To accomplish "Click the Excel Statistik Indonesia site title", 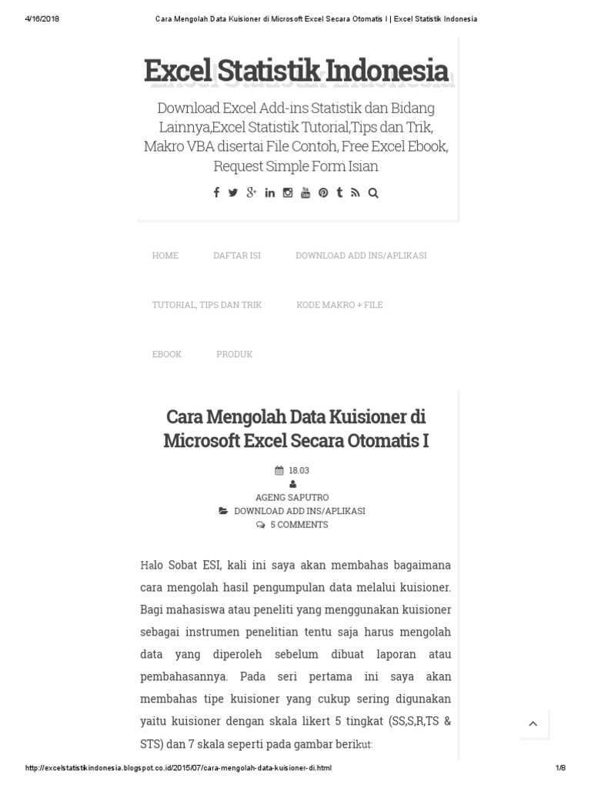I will click(295, 71).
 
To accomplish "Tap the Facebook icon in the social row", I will click(216, 193).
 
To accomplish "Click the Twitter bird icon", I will click(233, 193).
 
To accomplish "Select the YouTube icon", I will click(306, 193).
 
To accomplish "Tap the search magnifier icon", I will click(373, 193).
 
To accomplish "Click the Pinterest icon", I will click(323, 193).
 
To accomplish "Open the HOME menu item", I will click(165, 255).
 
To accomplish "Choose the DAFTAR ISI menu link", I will click(237, 255).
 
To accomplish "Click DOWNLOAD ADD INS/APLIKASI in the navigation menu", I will click(361, 255).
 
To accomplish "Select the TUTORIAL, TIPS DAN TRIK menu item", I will click(207, 305).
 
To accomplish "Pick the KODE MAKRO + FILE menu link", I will click(339, 305).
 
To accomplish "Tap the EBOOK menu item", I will click(167, 354).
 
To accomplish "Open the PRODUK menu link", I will click(234, 354).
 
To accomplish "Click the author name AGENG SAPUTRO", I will click(292, 498).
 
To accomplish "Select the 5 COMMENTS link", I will click(299, 525).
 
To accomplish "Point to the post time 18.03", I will click(299, 470).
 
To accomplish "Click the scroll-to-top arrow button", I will click(533, 724).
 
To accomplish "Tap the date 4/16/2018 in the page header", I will click(42, 19).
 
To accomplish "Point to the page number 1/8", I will click(560, 768).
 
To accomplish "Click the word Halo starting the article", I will click(153, 566).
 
